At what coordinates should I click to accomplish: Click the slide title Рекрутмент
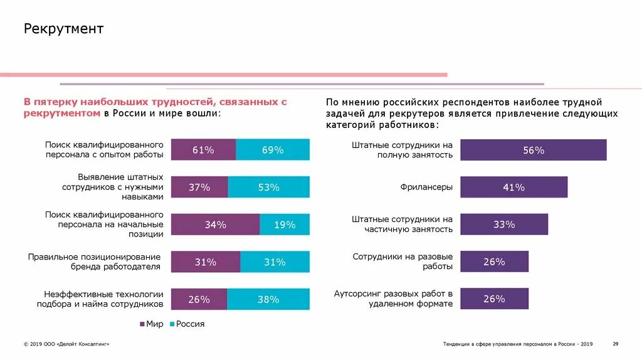pyautogui.click(x=63, y=29)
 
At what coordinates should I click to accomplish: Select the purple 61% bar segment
pyautogui.click(x=203, y=150)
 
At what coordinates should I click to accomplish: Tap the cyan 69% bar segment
pyautogui.click(x=273, y=150)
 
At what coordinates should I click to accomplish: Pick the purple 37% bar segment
pyautogui.click(x=199, y=188)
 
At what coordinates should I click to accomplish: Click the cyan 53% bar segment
pyautogui.click(x=268, y=188)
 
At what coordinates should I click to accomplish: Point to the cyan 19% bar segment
pyautogui.click(x=285, y=225)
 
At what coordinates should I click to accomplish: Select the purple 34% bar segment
pyautogui.click(x=215, y=225)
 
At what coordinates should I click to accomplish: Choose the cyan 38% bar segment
pyautogui.click(x=268, y=300)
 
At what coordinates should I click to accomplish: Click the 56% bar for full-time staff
pyautogui.click(x=534, y=151)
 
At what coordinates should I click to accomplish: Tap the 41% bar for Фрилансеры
pyautogui.click(x=514, y=188)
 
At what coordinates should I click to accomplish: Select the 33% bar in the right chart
pyautogui.click(x=504, y=225)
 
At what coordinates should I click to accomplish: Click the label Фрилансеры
pyautogui.click(x=426, y=187)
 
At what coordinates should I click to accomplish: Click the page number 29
pyautogui.click(x=615, y=344)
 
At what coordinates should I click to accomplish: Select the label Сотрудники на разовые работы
pyautogui.click(x=403, y=262)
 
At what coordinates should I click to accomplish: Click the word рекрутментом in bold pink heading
pyautogui.click(x=63, y=114)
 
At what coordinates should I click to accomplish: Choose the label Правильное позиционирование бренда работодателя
pyautogui.click(x=95, y=262)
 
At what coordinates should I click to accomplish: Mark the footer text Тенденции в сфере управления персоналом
pyautogui.click(x=518, y=344)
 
